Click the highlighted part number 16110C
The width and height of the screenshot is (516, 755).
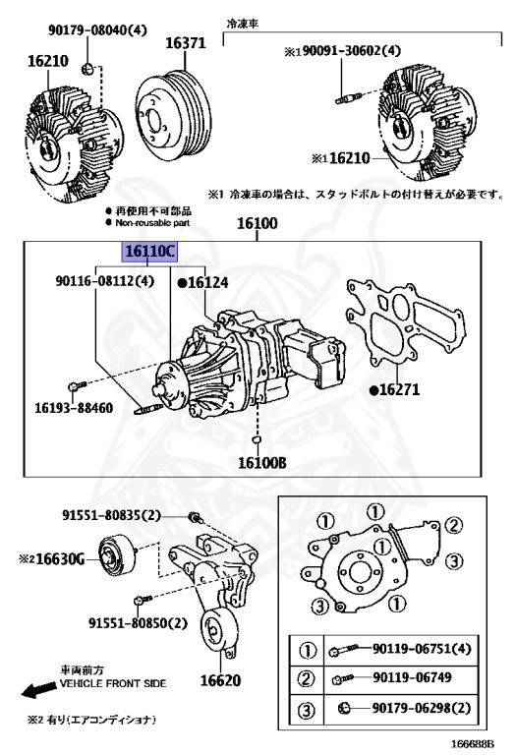coord(148,252)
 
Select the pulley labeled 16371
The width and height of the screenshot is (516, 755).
coord(173,113)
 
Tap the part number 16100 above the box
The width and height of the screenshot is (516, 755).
coord(258,223)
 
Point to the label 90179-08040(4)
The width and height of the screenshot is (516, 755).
coord(97,29)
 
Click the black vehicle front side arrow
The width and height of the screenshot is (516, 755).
coord(38,690)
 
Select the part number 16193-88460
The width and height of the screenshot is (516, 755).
coord(74,408)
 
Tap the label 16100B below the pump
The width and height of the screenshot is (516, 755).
coord(262,463)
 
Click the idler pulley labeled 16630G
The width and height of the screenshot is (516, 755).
coord(118,556)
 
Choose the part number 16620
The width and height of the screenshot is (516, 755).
coord(220,680)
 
